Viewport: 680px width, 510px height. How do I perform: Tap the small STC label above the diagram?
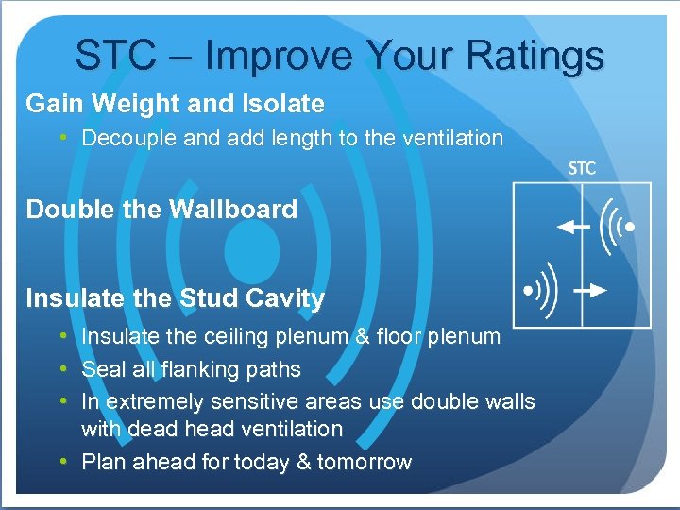[583, 169]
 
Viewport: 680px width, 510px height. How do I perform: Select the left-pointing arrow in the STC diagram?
[573, 227]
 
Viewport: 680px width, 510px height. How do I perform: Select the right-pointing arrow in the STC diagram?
[590, 290]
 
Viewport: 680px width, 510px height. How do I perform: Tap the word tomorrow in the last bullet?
[365, 462]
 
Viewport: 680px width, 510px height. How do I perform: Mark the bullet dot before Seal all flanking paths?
[62, 369]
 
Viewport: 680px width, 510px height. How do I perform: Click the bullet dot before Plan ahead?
[62, 462]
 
